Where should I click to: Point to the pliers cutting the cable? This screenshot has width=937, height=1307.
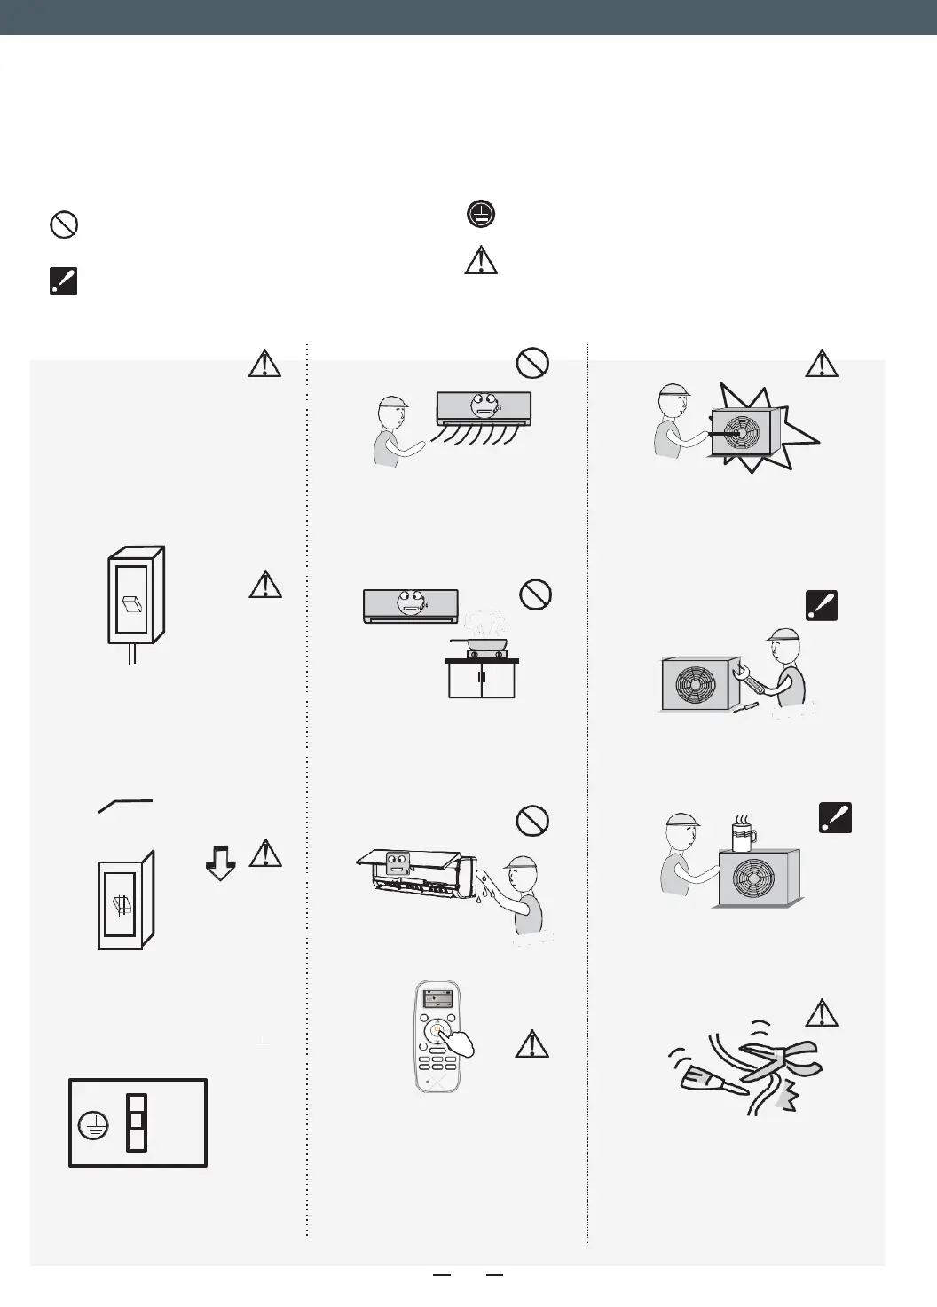click(x=779, y=1059)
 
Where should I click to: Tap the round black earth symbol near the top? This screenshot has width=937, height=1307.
click(x=481, y=214)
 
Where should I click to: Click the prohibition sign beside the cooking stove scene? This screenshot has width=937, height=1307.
click(x=535, y=594)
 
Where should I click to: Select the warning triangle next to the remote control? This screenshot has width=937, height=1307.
click(x=531, y=1044)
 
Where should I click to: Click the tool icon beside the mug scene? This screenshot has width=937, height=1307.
click(x=834, y=817)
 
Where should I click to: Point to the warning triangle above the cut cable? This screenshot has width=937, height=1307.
click(x=823, y=1012)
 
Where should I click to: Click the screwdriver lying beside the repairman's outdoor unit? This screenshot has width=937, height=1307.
click(x=748, y=706)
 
